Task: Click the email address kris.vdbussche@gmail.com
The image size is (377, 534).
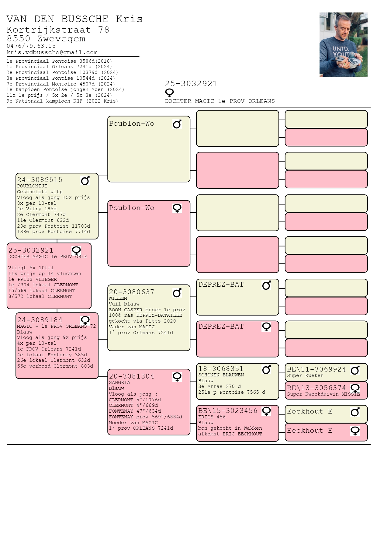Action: [x=52, y=52]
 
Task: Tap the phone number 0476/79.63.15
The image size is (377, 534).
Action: [x=31, y=46]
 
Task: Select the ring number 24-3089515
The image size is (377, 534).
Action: [x=40, y=180]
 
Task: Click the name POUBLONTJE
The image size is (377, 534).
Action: [x=32, y=186]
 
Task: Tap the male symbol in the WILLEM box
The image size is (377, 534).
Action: [x=177, y=292]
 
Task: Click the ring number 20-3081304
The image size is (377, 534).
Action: [x=132, y=376]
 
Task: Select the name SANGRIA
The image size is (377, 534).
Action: [x=119, y=382]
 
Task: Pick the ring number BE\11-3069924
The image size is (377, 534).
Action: [x=316, y=369]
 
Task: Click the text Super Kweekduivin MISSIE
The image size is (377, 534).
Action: [x=323, y=394]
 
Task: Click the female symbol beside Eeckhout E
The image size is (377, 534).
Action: [x=355, y=431]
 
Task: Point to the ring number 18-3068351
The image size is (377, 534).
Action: [x=221, y=369]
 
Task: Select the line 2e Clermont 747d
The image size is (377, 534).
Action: [x=41, y=215]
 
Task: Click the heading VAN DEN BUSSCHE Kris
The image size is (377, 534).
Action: [x=74, y=19]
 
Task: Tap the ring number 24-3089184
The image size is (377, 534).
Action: [x=40, y=320]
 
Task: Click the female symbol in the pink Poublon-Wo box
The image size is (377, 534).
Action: [x=177, y=208]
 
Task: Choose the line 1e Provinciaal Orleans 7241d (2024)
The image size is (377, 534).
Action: [x=59, y=67]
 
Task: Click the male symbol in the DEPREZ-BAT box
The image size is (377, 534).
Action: [x=266, y=285]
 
